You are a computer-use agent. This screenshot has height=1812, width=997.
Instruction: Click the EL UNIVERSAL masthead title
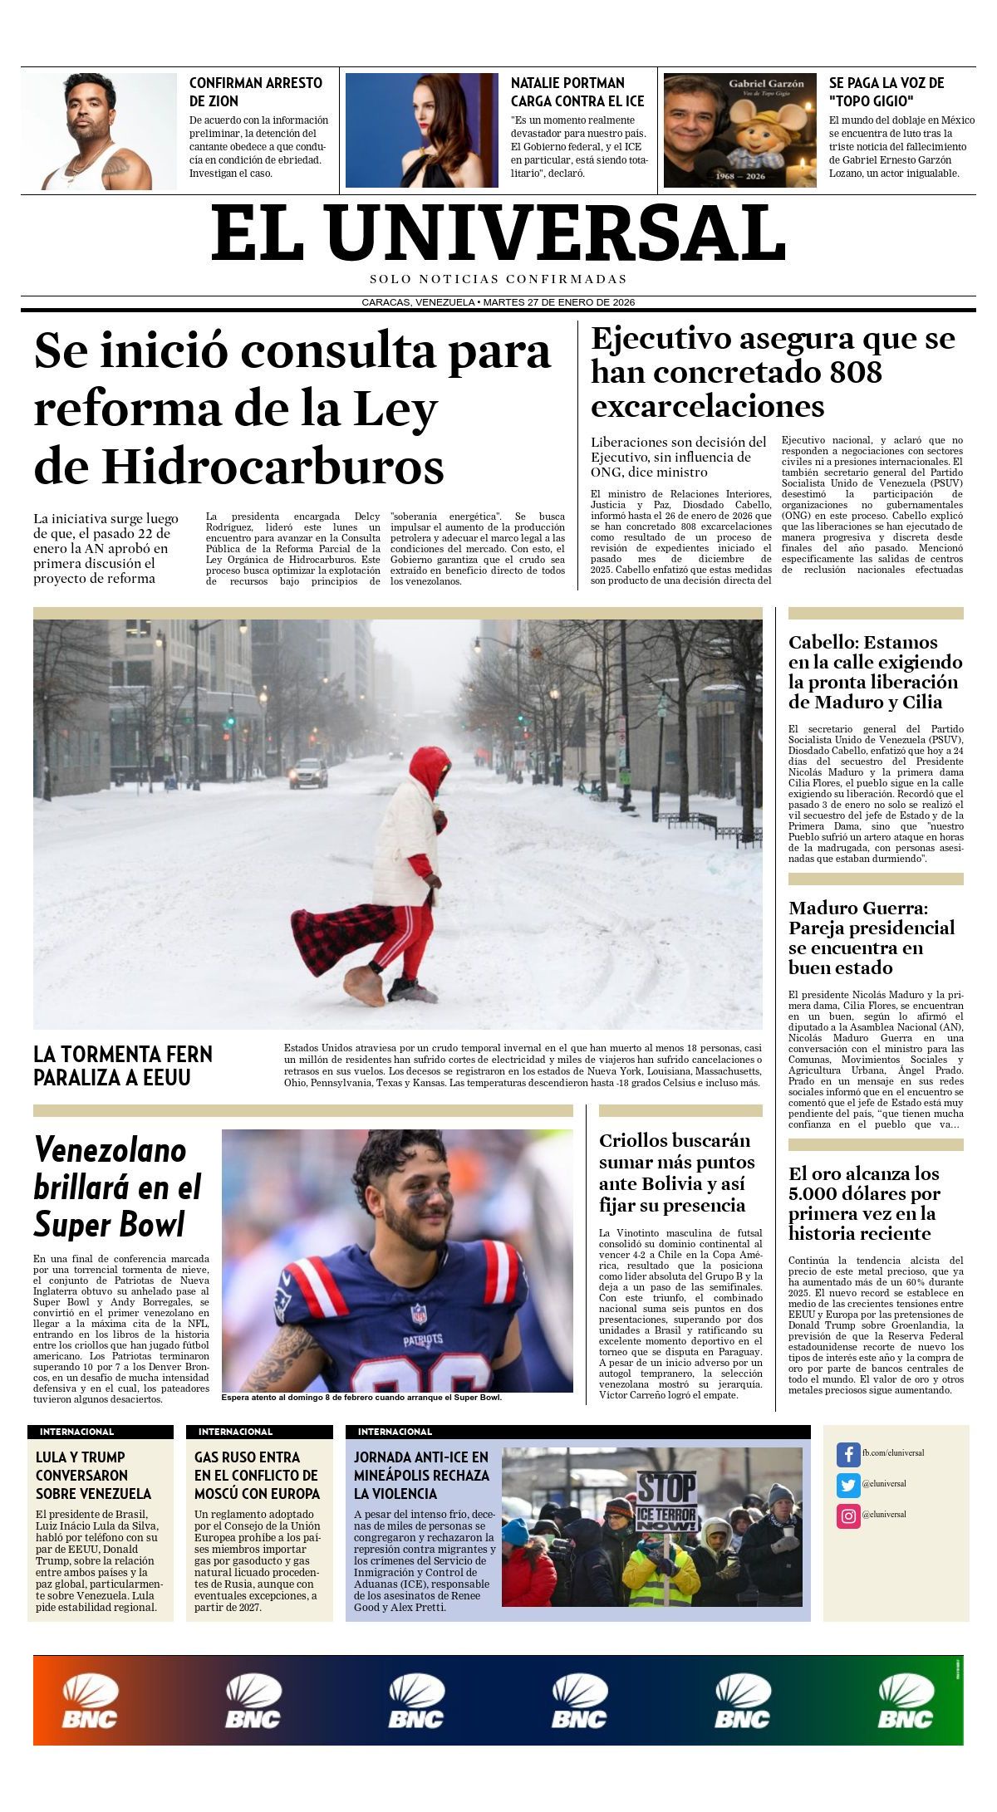tap(498, 233)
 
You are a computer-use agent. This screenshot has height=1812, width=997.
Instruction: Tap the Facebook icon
tap(847, 1454)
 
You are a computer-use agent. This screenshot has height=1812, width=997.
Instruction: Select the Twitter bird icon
tap(847, 1485)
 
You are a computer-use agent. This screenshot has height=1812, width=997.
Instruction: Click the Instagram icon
tap(847, 1516)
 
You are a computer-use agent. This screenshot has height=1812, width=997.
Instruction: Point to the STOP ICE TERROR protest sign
tap(666, 1501)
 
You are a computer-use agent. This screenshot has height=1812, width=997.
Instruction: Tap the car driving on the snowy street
tap(308, 773)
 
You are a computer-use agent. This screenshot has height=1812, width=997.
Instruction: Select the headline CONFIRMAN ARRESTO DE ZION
tap(255, 91)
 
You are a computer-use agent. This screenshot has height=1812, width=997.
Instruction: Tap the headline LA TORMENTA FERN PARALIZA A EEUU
tap(123, 1065)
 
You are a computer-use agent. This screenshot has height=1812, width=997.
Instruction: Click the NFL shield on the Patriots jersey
tap(419, 1315)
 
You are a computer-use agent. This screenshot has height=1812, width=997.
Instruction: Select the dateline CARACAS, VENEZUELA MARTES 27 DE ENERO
tap(498, 302)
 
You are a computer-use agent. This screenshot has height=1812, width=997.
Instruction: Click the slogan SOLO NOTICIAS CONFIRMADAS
tap(498, 279)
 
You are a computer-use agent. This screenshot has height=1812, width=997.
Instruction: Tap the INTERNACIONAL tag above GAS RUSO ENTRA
tap(235, 1432)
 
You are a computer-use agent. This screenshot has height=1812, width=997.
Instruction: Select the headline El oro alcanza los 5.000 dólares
tap(864, 1202)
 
